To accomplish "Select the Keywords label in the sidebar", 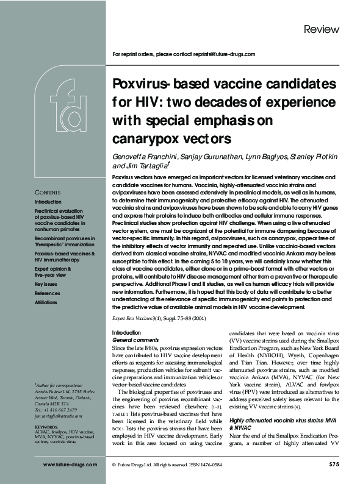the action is [x=47, y=427].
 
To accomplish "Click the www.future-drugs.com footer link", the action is [x=70, y=464].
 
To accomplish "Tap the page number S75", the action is [x=330, y=464].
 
